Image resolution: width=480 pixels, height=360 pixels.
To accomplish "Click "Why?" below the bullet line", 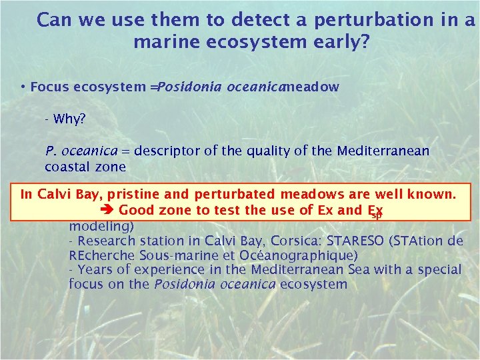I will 69,119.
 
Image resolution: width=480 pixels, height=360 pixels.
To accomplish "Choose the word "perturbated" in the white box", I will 234,195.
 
